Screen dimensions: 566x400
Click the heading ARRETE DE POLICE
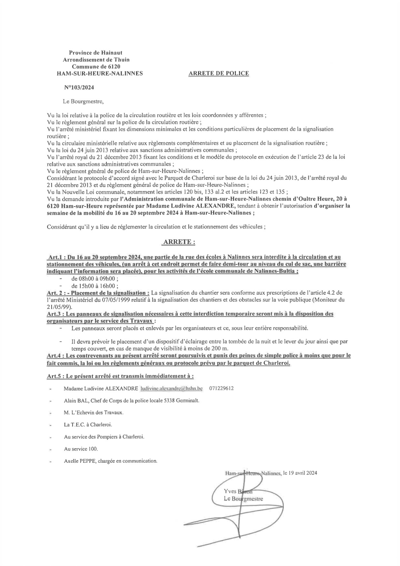tap(219, 74)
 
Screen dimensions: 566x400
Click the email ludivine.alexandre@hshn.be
tap(171, 388)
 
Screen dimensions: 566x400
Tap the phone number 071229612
tap(221, 388)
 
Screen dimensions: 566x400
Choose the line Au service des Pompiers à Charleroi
tap(104, 437)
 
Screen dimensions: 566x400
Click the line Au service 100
tap(81, 449)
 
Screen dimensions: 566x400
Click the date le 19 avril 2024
tap(300, 473)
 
